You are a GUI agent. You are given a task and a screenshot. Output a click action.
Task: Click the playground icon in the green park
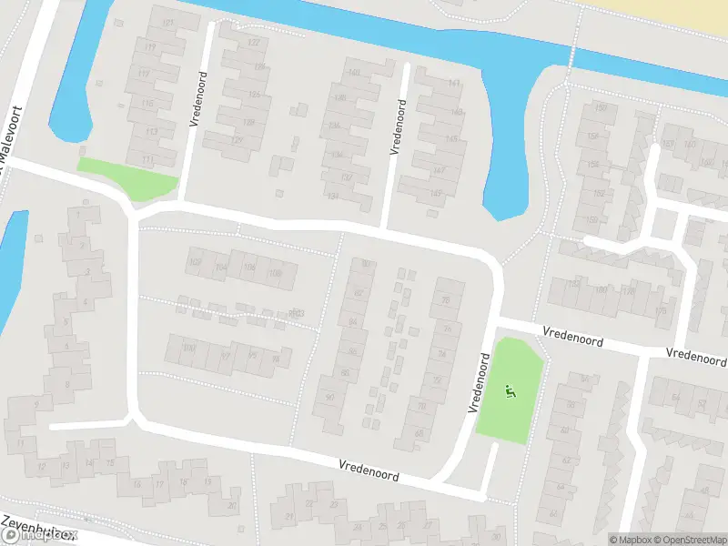tap(511, 392)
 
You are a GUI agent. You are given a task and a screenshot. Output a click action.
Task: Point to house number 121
tap(167, 22)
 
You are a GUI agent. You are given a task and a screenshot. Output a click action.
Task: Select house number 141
tap(454, 84)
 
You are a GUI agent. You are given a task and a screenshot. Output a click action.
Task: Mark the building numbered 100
tap(188, 348)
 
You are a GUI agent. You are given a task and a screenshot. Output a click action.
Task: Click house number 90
tap(329, 398)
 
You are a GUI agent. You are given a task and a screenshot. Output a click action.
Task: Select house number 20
tap(232, 505)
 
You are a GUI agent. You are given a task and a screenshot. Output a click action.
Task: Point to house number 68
tap(419, 433)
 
